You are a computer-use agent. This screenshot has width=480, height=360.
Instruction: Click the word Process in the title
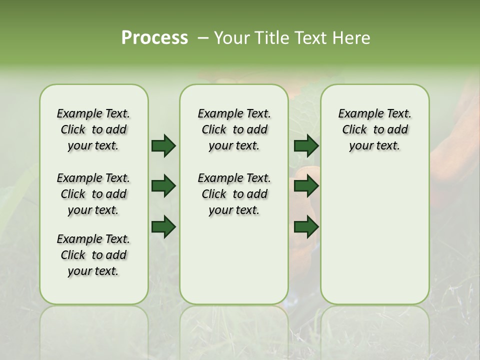point(154,38)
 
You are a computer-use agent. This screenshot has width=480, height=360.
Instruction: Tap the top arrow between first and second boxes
point(163,145)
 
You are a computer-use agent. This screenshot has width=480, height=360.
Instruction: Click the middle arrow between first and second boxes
point(163,186)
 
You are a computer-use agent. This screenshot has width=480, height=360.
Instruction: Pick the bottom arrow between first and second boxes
point(163,226)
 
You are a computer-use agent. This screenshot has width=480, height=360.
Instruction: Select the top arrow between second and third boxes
point(305,145)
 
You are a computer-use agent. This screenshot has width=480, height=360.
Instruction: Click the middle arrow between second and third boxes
point(305,186)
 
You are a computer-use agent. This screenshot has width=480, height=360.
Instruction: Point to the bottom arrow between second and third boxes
point(305,226)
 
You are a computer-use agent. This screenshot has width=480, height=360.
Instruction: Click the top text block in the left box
point(93,129)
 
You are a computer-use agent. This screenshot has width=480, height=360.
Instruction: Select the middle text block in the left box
point(93,194)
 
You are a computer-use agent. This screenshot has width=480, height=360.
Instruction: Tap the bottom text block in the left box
point(93,255)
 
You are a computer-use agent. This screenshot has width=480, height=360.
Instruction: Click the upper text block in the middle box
point(234,129)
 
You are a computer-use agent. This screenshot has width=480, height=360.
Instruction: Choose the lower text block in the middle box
point(234,194)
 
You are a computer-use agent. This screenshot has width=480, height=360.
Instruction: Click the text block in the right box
point(374,129)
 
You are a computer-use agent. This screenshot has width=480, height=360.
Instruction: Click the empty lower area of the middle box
point(234,260)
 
